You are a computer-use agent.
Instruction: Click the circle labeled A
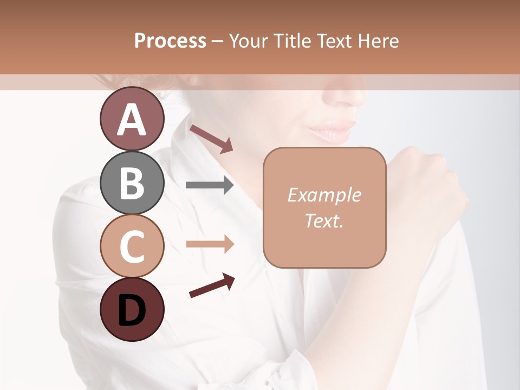pos(132,119)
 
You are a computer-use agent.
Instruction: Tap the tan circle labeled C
pos(132,246)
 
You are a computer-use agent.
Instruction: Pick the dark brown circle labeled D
pos(132,309)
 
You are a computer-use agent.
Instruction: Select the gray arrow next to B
pos(210,185)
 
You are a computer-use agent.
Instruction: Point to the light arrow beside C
pos(210,244)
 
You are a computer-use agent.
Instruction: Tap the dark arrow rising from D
pos(212,285)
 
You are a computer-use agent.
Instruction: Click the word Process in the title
pos(170,41)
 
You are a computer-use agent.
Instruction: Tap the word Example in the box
pos(324,195)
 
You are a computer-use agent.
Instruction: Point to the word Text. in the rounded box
pos(324,220)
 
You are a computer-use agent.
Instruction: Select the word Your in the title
pos(249,41)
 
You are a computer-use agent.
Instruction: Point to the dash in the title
pos(218,41)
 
